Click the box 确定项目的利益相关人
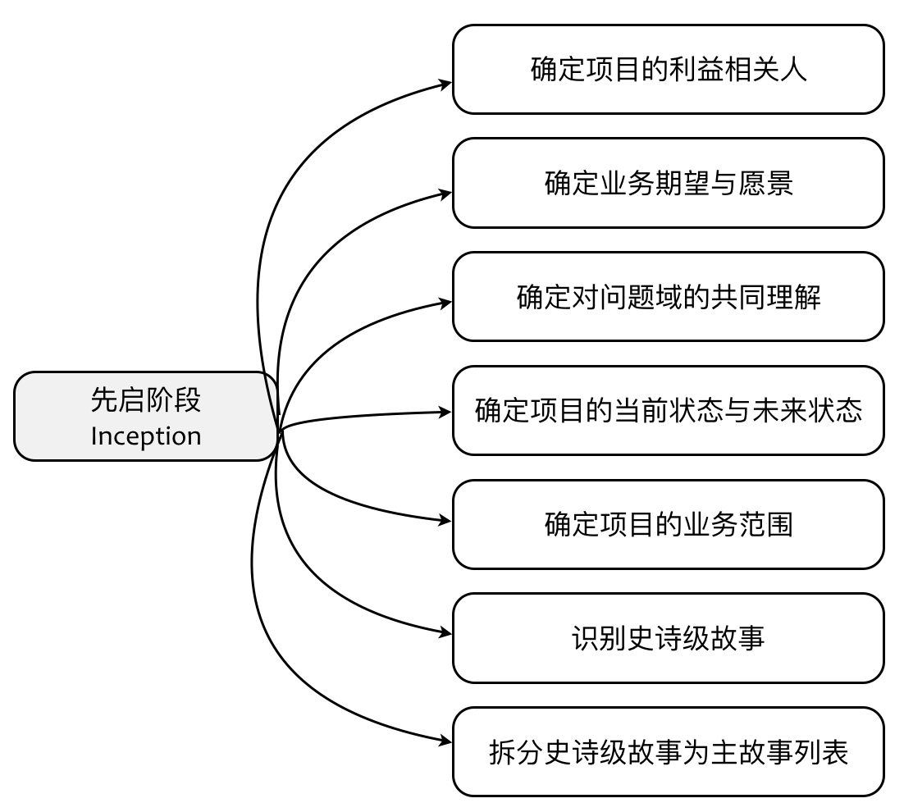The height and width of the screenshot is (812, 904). pyautogui.click(x=668, y=70)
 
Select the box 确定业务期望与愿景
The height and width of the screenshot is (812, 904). pyautogui.click(x=668, y=183)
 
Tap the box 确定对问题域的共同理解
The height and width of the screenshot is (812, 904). pyautogui.click(x=668, y=297)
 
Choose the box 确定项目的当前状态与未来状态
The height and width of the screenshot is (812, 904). pyautogui.click(x=668, y=410)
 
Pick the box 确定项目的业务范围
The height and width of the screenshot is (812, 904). pyautogui.click(x=668, y=524)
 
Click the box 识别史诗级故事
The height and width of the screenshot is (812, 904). pyautogui.click(x=668, y=638)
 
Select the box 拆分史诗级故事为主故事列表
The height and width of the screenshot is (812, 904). pyautogui.click(x=668, y=751)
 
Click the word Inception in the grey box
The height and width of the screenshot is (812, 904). pyautogui.click(x=146, y=436)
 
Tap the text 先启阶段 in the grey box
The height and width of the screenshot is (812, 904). pyautogui.click(x=146, y=400)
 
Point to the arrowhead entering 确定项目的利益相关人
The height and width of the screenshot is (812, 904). pyautogui.click(x=446, y=83)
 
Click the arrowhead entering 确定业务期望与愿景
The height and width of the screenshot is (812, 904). pyautogui.click(x=446, y=194)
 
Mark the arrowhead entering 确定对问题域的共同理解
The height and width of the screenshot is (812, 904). pyautogui.click(x=446, y=303)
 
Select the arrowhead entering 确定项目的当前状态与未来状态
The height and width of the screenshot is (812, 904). pyautogui.click(x=446, y=412)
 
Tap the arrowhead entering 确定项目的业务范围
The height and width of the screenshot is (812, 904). pyautogui.click(x=446, y=520)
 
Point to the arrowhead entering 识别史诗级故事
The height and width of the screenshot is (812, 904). pyautogui.click(x=446, y=632)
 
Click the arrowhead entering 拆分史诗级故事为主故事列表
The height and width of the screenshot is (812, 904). pyautogui.click(x=446, y=741)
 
